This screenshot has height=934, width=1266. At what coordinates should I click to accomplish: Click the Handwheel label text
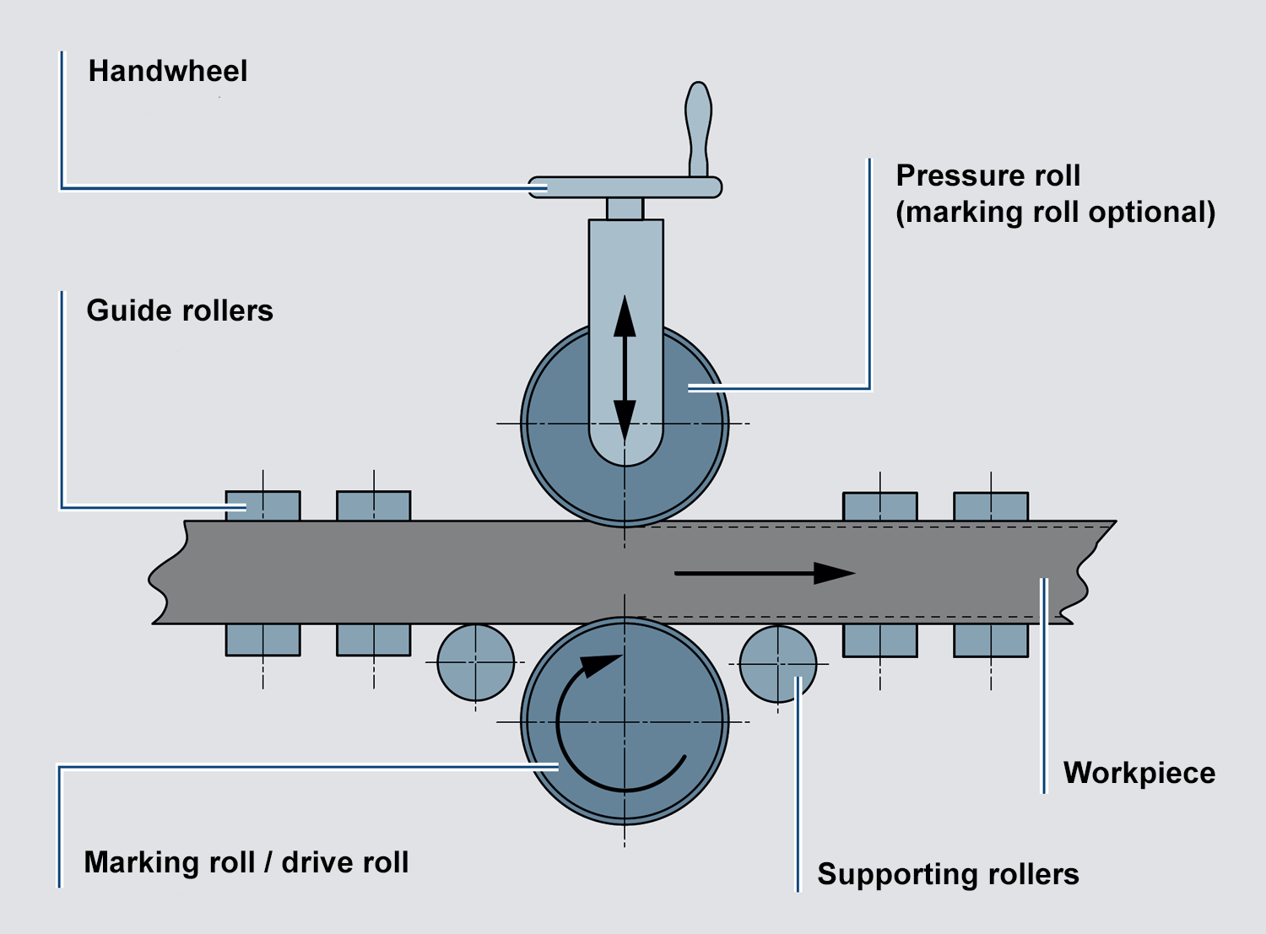coord(168,71)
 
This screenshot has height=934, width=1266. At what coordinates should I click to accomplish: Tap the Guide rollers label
coord(180,310)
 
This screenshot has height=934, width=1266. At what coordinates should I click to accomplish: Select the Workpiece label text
coord(1139,773)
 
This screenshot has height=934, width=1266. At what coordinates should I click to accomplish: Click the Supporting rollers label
coord(948,874)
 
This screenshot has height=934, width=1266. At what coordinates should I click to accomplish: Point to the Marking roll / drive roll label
coord(246,862)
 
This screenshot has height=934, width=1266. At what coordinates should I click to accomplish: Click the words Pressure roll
coord(987,175)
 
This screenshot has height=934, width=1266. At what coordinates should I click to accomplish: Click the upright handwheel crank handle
coord(699,127)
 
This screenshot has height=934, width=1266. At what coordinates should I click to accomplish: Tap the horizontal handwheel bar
coord(625,187)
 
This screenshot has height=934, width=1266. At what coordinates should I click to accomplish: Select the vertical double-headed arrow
coord(625,368)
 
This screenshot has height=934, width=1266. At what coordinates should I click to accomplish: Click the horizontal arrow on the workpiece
coord(764,574)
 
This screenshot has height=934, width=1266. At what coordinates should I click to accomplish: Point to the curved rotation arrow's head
coord(601,665)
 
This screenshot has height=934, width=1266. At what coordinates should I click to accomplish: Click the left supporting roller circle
coord(476,662)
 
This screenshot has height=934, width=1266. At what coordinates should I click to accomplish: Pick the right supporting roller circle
coord(777,663)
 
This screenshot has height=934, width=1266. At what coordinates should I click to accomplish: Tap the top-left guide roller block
coord(262,505)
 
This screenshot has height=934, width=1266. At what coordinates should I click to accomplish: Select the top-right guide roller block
coord(991,506)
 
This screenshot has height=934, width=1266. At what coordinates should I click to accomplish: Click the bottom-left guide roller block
coord(262,640)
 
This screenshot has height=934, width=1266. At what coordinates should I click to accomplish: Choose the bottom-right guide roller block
coord(991,640)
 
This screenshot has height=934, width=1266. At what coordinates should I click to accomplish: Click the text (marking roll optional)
coord(1055,212)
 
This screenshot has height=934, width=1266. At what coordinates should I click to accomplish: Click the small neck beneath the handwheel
coord(625,208)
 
